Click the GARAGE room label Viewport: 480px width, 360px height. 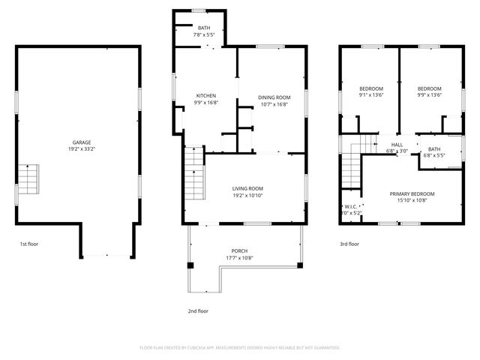pos(82,142)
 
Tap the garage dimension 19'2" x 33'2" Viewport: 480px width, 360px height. pos(82,149)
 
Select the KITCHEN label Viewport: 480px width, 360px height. pos(206,95)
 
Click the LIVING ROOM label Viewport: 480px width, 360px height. pos(247,188)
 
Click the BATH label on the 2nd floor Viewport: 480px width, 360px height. pos(204,28)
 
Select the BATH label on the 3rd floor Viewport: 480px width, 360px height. pos(435,148)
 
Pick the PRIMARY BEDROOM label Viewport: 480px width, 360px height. pos(412,193)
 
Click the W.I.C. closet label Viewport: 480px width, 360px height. pos(351,206)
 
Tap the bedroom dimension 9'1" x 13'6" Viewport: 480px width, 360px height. pos(370,95)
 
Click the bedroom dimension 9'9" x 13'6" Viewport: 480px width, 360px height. pos(429,95)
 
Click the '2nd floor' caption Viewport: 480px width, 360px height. pos(198,310)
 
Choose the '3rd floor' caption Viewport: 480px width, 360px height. pos(349,244)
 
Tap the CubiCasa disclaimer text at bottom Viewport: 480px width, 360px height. pos(240,347)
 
